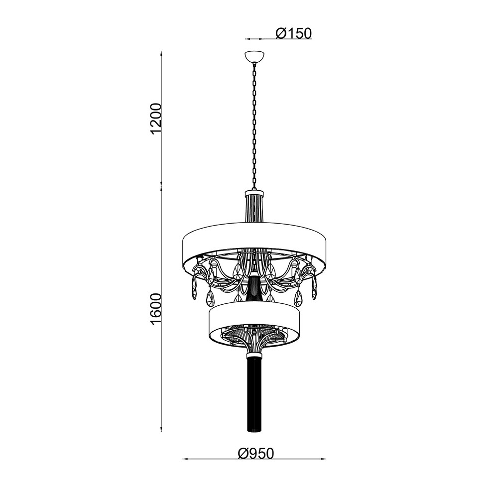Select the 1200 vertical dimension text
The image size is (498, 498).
pos(157,118)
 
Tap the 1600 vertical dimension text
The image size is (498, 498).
pos(157,309)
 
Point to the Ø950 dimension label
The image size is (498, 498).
pos(255,454)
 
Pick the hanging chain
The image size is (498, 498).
pos(254,126)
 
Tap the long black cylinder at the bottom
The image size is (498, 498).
pos(254,393)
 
